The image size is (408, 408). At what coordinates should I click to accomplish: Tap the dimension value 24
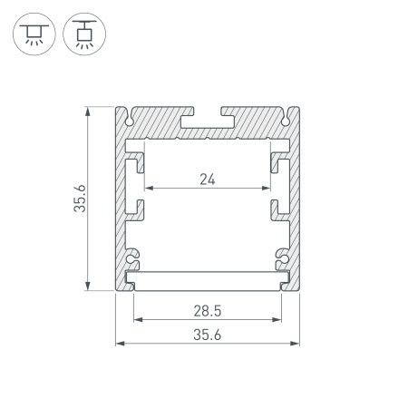pyautogui.click(x=208, y=180)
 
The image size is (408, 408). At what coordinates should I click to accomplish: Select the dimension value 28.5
pyautogui.click(x=208, y=309)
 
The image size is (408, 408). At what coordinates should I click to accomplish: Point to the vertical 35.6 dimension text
pyautogui.click(x=80, y=199)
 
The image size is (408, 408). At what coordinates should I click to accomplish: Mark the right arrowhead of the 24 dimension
pyautogui.click(x=267, y=189)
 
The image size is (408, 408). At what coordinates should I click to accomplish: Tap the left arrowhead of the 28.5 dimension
pyautogui.click(x=137, y=319)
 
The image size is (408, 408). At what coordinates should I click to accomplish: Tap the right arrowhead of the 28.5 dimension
pyautogui.click(x=279, y=319)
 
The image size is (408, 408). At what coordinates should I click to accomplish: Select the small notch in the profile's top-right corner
pyautogui.click(x=284, y=118)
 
